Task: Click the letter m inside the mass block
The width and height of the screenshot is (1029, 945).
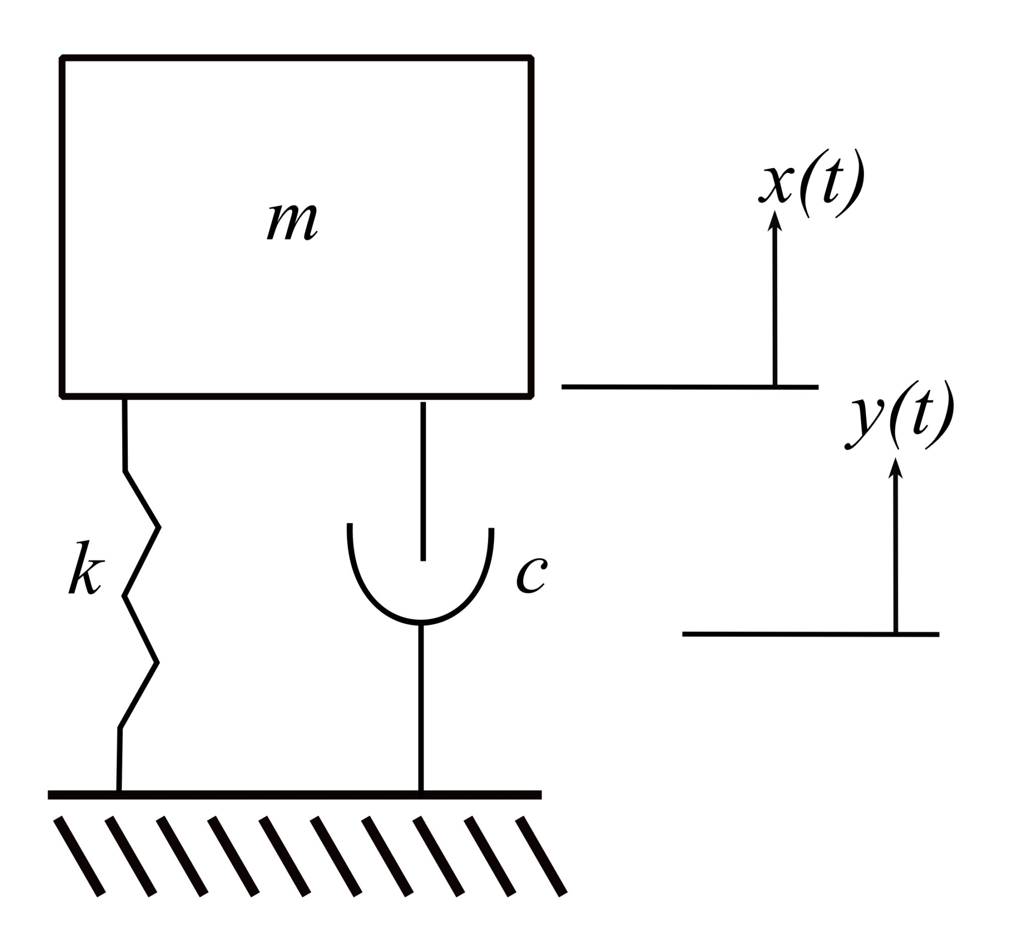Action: (292, 222)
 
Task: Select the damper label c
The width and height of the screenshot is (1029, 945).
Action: (532, 575)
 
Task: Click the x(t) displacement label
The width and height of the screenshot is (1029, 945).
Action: (811, 182)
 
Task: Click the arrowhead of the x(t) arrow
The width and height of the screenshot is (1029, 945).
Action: (774, 222)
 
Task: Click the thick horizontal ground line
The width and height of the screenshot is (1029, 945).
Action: (294, 795)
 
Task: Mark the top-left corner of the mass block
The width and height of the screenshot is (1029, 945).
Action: (62, 58)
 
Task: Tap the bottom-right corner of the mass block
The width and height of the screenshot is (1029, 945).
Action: (531, 396)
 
